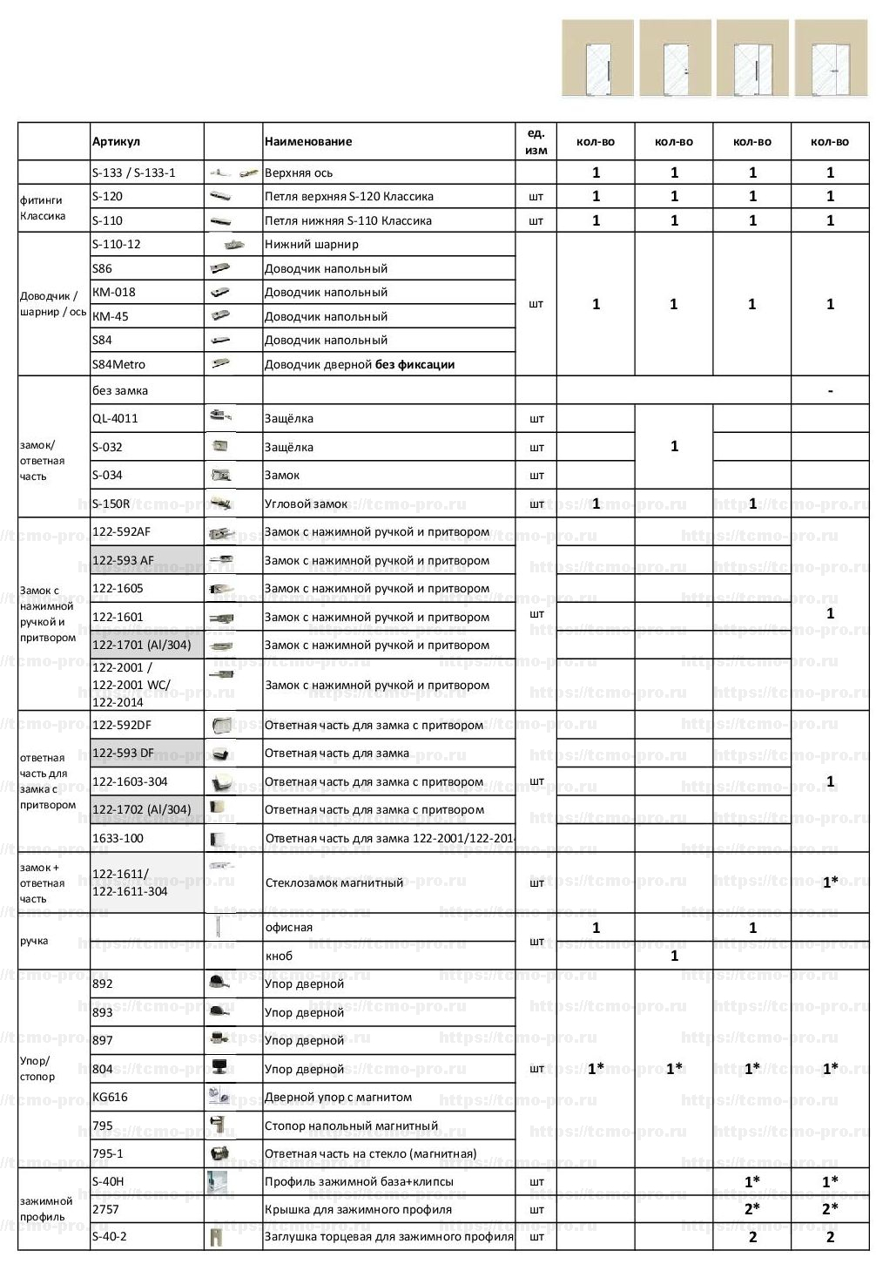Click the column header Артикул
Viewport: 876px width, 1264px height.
pyautogui.click(x=116, y=141)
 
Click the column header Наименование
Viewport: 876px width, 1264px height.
pyautogui.click(x=308, y=141)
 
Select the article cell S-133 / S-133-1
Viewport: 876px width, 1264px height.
pyautogui.click(x=134, y=172)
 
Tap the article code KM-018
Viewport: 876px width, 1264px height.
pyautogui.click(x=114, y=292)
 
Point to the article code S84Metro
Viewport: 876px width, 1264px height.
pyautogui.click(x=118, y=364)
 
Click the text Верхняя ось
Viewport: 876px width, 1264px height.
pyautogui.click(x=299, y=172)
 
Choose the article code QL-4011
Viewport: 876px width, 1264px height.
pyautogui.click(x=115, y=418)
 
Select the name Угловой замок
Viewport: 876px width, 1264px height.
pyautogui.click(x=306, y=504)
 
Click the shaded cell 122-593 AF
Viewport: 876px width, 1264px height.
pyautogui.click(x=124, y=560)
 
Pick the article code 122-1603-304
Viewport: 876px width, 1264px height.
pyautogui.click(x=130, y=781)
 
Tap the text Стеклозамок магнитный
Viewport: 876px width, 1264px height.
pyautogui.click(x=334, y=882)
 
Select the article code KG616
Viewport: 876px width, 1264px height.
pyautogui.click(x=110, y=1097)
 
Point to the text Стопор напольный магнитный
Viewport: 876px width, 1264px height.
pyautogui.click(x=351, y=1125)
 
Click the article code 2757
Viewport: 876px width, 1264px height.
pyautogui.click(x=105, y=1209)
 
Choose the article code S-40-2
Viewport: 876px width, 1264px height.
pyautogui.click(x=110, y=1236)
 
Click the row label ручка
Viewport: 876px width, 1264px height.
pyautogui.click(x=34, y=941)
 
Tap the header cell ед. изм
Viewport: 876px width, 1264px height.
pyautogui.click(x=536, y=141)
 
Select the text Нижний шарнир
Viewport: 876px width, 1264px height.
pyautogui.click(x=312, y=244)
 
